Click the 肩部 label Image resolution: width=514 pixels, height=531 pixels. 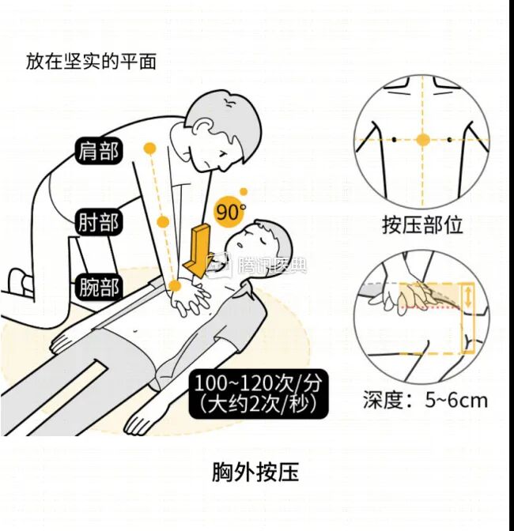point(99,150)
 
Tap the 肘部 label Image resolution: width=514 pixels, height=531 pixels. point(99,222)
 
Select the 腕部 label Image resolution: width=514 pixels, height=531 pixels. point(99,287)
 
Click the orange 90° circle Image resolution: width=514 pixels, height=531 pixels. point(229,212)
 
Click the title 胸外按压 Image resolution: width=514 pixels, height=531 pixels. point(255,473)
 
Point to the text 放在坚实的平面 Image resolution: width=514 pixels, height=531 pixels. point(91,61)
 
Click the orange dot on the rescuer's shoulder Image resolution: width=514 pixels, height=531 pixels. point(148,148)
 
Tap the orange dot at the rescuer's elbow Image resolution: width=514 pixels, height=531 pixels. point(162,220)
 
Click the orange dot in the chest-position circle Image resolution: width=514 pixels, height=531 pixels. point(423,140)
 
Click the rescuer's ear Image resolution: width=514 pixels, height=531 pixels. point(207,126)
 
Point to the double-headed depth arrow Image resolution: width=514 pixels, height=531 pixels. point(468,298)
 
